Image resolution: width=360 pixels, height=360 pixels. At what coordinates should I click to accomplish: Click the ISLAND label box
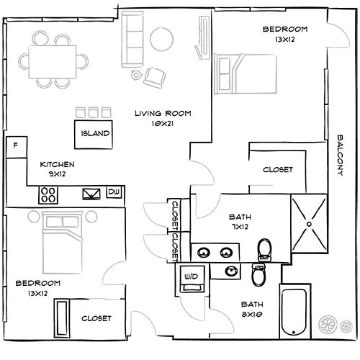[95, 133]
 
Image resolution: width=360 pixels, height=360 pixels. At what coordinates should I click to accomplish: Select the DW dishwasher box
[113, 192]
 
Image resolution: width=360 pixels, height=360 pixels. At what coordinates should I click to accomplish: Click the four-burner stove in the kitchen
[49, 193]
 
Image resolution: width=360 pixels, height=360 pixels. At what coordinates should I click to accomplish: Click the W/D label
[192, 276]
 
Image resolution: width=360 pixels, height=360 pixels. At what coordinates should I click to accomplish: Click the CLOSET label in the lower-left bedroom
[96, 318]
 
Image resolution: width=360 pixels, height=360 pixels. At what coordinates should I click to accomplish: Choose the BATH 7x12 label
[239, 222]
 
